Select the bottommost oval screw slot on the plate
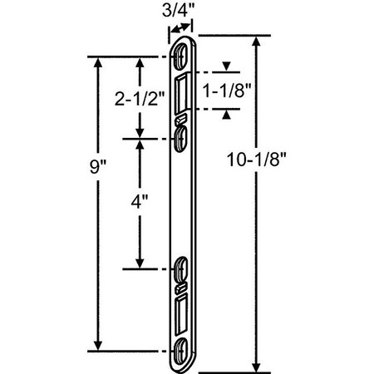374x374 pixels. point(183,348)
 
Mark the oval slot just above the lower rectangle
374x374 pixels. point(183,271)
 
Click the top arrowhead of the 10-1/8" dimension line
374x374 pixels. point(257,42)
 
